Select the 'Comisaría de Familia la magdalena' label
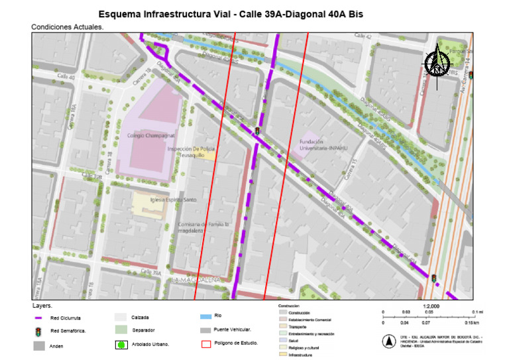pyautogui.click(x=203, y=228)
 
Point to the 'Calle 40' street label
pyautogui.click(x=66, y=77)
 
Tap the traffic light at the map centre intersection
pyautogui.click(x=257, y=131)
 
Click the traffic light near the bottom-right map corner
pyautogui.click(x=434, y=279)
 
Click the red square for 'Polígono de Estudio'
pyautogui.click(x=206, y=343)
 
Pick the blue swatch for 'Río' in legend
pyautogui.click(x=206, y=317)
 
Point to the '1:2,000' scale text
pyautogui.click(x=430, y=307)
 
